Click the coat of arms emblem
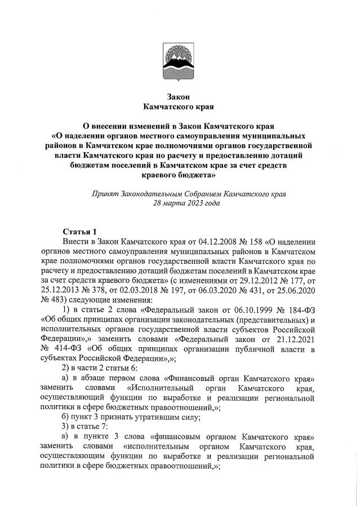180,63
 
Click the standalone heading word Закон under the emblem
180,96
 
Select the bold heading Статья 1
79,232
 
